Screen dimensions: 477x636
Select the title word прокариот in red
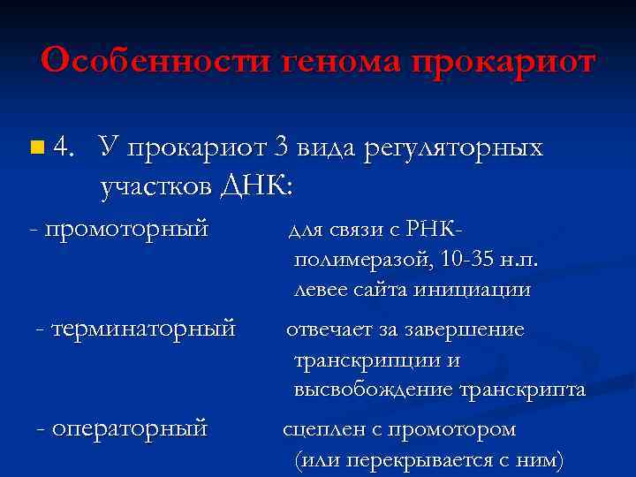pos(503,61)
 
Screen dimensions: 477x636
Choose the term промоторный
pos(125,230)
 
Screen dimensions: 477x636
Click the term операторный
pos(129,428)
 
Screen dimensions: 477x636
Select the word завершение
pos(470,330)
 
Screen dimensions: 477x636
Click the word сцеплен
pos(317,430)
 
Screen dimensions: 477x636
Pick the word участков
pos(154,186)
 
